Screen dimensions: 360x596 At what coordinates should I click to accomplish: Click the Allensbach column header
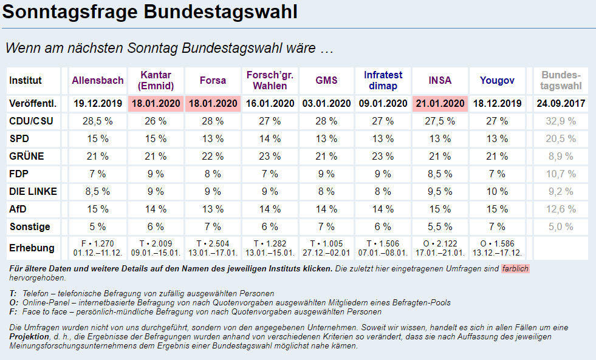[98, 80]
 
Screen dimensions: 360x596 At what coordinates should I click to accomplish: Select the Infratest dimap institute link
[383, 80]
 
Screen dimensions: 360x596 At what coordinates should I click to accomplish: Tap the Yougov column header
[497, 80]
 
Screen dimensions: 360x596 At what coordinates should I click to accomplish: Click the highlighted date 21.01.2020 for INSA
[440, 103]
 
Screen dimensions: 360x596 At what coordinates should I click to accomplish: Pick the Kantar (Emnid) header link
[156, 80]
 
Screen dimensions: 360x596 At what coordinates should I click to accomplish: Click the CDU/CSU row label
[31, 121]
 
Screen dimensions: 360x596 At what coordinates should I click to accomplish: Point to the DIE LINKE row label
[33, 191]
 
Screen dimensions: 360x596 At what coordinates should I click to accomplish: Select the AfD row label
[18, 209]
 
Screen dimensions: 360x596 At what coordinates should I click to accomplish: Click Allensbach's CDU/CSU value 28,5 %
[98, 121]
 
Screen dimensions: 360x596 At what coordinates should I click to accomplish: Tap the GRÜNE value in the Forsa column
[213, 156]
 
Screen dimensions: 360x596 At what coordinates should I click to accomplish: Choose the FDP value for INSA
[440, 174]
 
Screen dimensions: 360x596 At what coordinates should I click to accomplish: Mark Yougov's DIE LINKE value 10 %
[497, 191]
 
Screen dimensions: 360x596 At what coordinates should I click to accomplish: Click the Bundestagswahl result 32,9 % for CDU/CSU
[561, 121]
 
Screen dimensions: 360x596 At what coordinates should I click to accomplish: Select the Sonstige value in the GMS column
[326, 226]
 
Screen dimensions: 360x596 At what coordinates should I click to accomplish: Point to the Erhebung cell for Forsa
[213, 248]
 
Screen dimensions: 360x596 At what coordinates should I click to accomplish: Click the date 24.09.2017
[561, 103]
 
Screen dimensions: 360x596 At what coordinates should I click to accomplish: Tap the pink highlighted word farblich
[516, 268]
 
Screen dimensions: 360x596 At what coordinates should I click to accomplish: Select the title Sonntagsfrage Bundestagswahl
[150, 12]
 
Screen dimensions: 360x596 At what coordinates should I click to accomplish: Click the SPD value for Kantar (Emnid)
[156, 138]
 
